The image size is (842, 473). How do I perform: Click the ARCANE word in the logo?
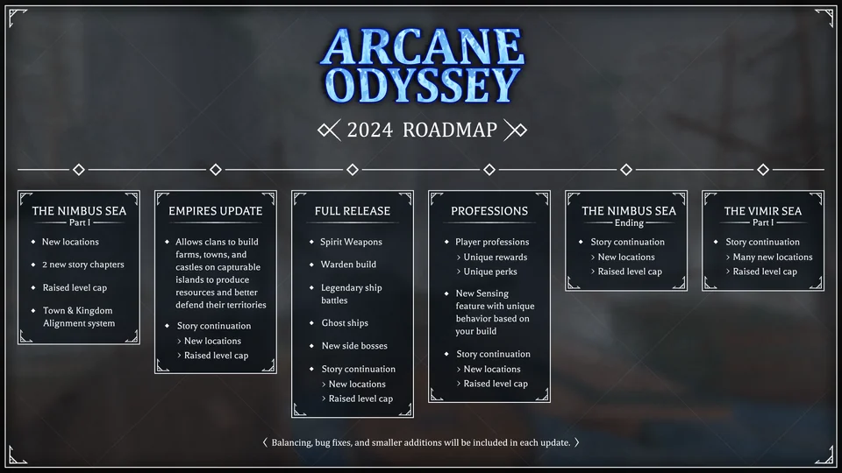[x=421, y=48]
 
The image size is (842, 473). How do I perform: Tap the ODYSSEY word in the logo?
[x=421, y=86]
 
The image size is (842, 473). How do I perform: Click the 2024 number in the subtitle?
[x=370, y=131]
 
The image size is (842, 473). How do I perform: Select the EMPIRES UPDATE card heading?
[x=216, y=211]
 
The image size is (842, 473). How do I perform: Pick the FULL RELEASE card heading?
[x=353, y=211]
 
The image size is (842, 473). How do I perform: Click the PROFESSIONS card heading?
[x=489, y=211]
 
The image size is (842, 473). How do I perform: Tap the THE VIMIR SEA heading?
[x=763, y=211]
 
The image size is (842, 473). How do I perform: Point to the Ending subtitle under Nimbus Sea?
[x=629, y=223]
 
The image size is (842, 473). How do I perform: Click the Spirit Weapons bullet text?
[x=351, y=242]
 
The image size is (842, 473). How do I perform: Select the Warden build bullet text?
[x=348, y=265]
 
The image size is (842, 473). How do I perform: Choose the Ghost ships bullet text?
[x=345, y=323]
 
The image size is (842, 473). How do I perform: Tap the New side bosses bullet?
[x=354, y=346]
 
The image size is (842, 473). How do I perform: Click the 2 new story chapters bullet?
[x=83, y=265]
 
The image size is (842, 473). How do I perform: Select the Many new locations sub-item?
[x=773, y=257]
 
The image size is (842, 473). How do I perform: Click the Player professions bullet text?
[x=492, y=242]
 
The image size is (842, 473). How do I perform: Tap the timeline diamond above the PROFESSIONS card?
[x=489, y=169]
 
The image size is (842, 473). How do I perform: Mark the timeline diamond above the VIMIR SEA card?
[x=763, y=169]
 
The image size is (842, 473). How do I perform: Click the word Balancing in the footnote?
[x=292, y=442]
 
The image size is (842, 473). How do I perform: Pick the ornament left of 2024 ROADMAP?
[x=329, y=131]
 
